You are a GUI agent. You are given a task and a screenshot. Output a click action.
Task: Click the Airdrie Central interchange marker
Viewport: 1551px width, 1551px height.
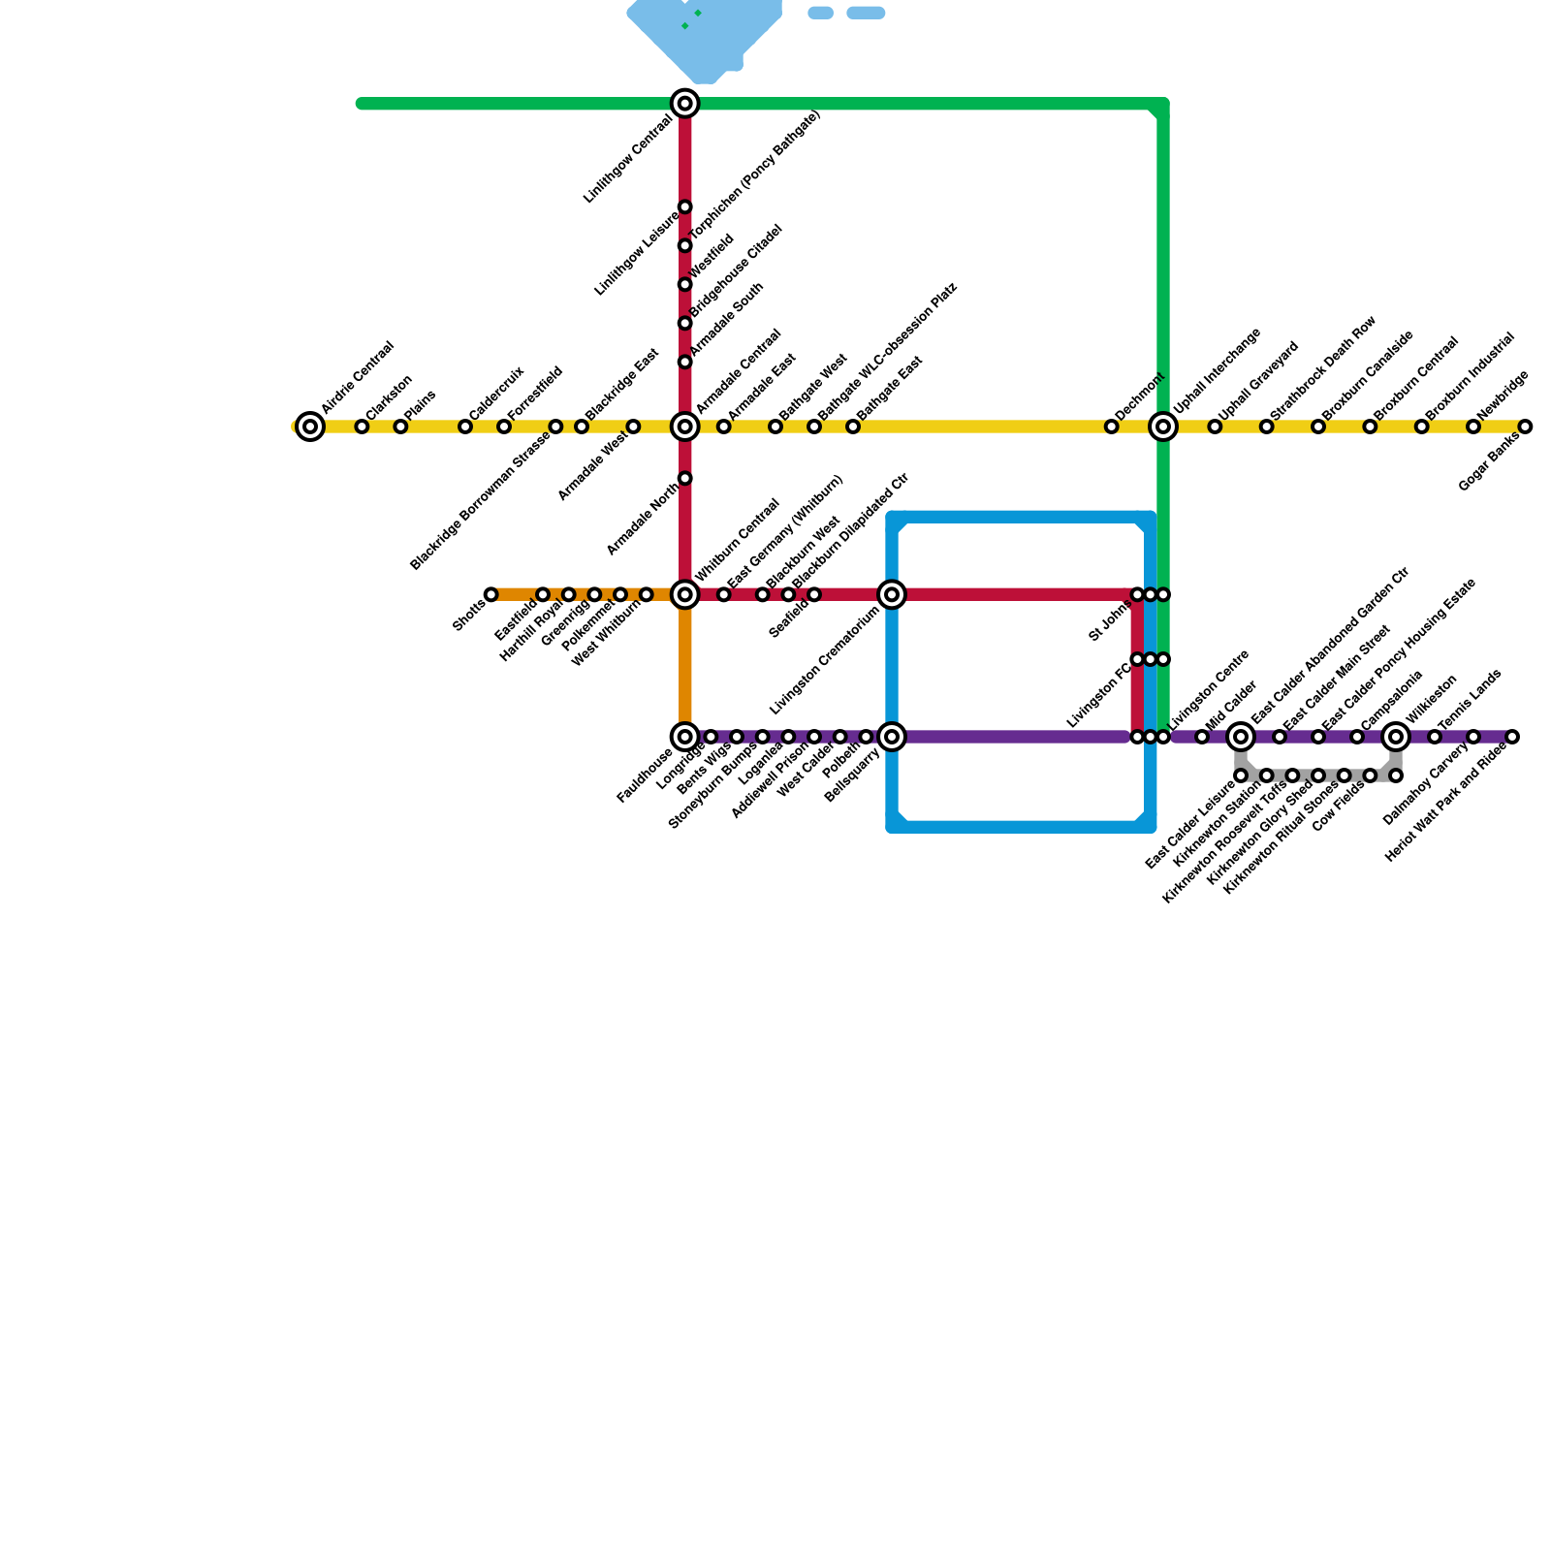[x=310, y=427]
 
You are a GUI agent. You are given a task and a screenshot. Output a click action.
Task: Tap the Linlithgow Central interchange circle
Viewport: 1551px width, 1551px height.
[x=685, y=104]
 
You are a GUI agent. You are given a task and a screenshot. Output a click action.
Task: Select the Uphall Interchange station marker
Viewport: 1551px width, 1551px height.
[x=1163, y=427]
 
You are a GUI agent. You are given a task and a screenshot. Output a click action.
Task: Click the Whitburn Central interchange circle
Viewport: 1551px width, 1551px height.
[x=685, y=594]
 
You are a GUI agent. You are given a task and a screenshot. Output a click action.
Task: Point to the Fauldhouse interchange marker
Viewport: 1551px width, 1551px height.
[x=685, y=737]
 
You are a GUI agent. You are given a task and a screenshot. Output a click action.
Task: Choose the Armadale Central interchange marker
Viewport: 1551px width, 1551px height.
[x=685, y=427]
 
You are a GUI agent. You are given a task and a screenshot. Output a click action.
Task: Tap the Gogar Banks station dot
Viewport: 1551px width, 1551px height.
[x=1525, y=427]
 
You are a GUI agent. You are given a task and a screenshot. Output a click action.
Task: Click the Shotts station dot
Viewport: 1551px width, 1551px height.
[x=491, y=594]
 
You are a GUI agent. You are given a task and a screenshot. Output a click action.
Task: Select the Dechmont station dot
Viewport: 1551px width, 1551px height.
[x=1112, y=427]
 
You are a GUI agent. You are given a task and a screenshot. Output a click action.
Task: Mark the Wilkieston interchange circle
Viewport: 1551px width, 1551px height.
[x=1396, y=737]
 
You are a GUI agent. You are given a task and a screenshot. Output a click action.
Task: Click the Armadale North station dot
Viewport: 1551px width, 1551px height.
[x=685, y=478]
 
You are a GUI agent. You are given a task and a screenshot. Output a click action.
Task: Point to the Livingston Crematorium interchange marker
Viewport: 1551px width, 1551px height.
[x=892, y=594]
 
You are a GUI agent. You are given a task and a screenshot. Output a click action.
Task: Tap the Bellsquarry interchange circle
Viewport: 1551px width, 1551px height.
[x=892, y=737]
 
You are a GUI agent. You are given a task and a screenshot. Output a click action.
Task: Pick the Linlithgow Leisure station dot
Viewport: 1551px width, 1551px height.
[x=685, y=206]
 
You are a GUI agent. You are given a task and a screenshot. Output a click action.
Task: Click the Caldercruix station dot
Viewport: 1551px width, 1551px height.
[x=465, y=427]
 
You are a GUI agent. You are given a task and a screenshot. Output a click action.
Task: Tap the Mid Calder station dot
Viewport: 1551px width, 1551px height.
[x=1202, y=737]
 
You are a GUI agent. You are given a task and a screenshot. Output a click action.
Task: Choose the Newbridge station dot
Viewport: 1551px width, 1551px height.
[x=1473, y=427]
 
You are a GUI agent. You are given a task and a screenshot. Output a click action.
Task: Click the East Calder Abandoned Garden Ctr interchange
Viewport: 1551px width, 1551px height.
[x=1241, y=737]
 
